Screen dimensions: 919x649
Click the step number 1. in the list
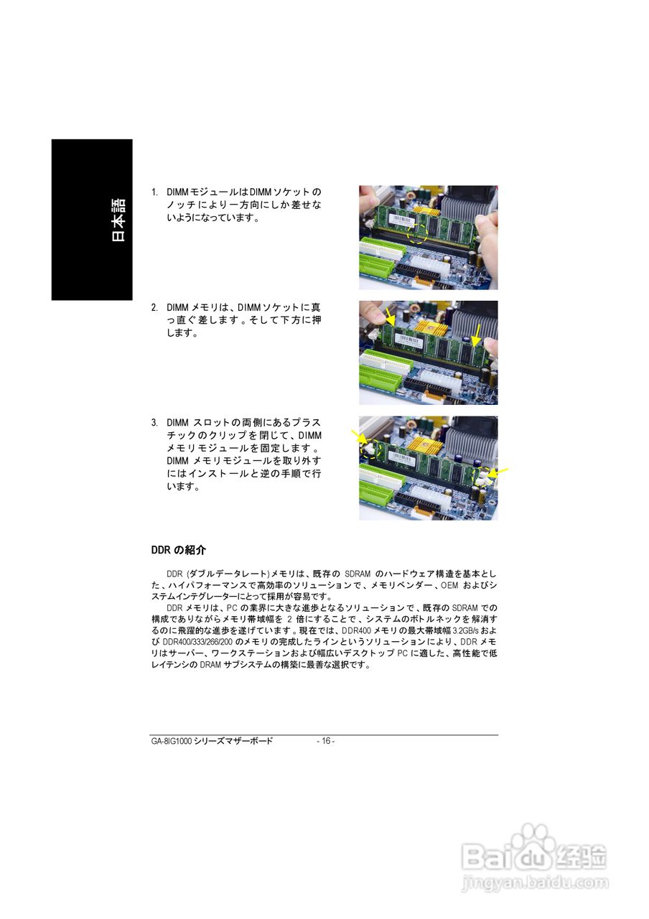click(154, 192)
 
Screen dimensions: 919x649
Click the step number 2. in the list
click(154, 307)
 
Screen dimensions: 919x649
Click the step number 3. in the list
click(154, 422)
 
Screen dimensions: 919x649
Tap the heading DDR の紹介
click(178, 550)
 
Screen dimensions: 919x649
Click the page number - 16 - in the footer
click(326, 741)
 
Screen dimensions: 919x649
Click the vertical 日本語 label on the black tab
click(118, 220)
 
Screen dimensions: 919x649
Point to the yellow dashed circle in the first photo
click(416, 231)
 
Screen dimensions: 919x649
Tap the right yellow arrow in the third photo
click(500, 472)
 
